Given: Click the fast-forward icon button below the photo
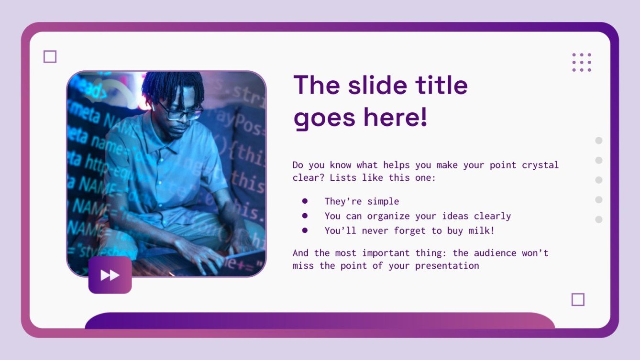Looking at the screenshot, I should [x=110, y=275].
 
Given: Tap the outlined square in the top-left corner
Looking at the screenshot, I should [x=50, y=57].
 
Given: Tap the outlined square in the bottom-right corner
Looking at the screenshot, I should [x=578, y=300].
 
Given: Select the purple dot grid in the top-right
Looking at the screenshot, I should [x=582, y=63].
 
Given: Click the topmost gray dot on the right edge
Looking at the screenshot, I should [x=598, y=141].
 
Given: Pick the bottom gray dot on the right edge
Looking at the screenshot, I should [x=598, y=219].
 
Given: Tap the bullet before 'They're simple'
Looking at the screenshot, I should [x=305, y=201].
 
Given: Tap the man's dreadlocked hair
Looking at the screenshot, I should [x=172, y=86].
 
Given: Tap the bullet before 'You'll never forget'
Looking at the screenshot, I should [x=305, y=230].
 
